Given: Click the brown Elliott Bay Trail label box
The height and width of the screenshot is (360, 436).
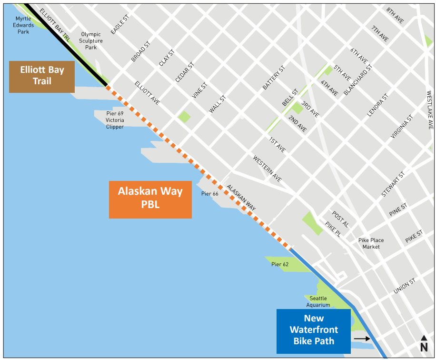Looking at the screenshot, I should tap(42, 76).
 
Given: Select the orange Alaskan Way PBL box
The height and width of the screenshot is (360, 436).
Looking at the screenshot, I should tap(150, 199).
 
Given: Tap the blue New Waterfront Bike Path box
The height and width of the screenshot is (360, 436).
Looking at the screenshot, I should tap(313, 330).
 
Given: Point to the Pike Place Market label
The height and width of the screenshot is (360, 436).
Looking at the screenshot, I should tap(371, 243).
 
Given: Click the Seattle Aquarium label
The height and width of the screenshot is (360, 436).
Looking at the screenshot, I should tap(318, 301).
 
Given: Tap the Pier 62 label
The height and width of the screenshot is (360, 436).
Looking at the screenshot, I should tap(280, 264).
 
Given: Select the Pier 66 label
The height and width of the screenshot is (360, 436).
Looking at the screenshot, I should tap(209, 194).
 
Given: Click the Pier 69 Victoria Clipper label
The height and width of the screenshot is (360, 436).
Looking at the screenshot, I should tap(115, 120).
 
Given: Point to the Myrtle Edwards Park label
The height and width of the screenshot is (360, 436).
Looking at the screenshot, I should tap(24, 25).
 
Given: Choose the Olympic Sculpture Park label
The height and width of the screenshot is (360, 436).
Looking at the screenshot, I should tap(91, 40).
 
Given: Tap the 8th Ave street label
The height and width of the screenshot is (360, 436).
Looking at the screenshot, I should tap(395, 16).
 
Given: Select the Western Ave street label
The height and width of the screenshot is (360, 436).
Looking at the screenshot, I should tap(267, 169).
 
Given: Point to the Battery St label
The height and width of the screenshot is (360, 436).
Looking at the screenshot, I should tap(273, 78).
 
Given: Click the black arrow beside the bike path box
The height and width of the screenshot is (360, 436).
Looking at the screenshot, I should tap(362, 339).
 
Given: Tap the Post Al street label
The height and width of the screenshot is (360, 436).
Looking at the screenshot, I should tap(341, 219).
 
